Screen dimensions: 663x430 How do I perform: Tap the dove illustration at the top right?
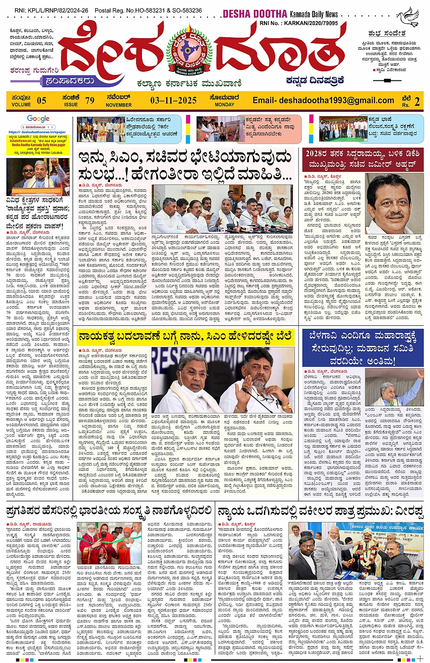pyautogui.click(x=407, y=17)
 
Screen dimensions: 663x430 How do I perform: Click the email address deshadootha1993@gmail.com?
pyautogui.click(x=323, y=100)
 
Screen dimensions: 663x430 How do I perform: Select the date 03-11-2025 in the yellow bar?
pyautogui.click(x=173, y=100)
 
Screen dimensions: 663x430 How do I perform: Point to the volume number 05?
pyautogui.click(x=41, y=100)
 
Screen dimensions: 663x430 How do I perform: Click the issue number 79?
pyautogui.click(x=90, y=100)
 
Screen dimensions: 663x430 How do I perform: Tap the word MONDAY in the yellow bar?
pyautogui.click(x=224, y=105)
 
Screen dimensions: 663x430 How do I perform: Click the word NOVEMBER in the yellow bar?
pyautogui.click(x=119, y=105)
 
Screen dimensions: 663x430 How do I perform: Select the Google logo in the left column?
pyautogui.click(x=38, y=119)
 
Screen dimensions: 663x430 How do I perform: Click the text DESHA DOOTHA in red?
pyautogui.click(x=255, y=14)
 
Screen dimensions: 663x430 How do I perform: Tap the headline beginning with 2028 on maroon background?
pyautogui.click(x=363, y=159)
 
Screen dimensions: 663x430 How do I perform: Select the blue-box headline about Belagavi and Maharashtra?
pyautogui.click(x=363, y=349)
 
